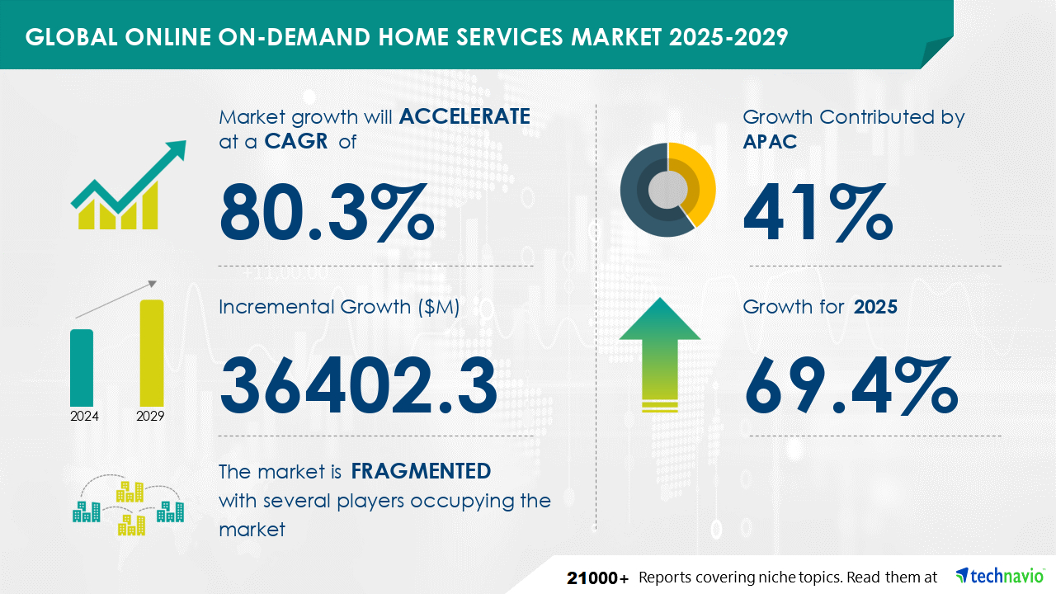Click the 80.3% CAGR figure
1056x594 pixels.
(326, 213)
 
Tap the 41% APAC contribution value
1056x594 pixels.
(818, 213)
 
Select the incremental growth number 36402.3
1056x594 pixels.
(358, 385)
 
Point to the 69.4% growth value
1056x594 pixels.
(851, 385)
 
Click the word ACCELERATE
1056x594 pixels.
(464, 116)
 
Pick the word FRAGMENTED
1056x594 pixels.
(421, 471)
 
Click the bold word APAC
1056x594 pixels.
(770, 141)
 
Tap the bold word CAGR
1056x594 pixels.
(296, 141)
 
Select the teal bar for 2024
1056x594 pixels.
(82, 368)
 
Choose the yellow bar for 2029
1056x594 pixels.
(152, 353)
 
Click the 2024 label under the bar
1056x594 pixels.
(84, 416)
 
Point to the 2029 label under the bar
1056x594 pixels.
(150, 416)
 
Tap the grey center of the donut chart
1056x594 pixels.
(667, 190)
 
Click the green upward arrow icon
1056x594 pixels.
(660, 354)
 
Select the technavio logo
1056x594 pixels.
(999, 576)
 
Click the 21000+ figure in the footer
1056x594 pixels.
(598, 577)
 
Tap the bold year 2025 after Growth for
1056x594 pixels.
(875, 307)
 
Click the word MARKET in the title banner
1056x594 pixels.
(616, 37)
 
